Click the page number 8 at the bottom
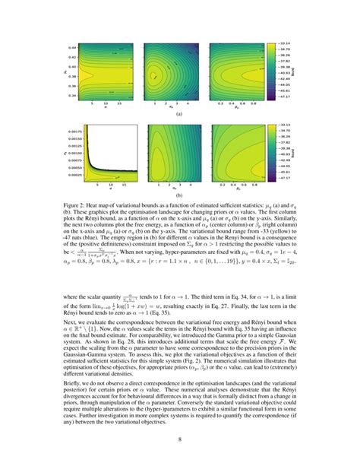[x=180, y=439]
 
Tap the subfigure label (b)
[x=180, y=195]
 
